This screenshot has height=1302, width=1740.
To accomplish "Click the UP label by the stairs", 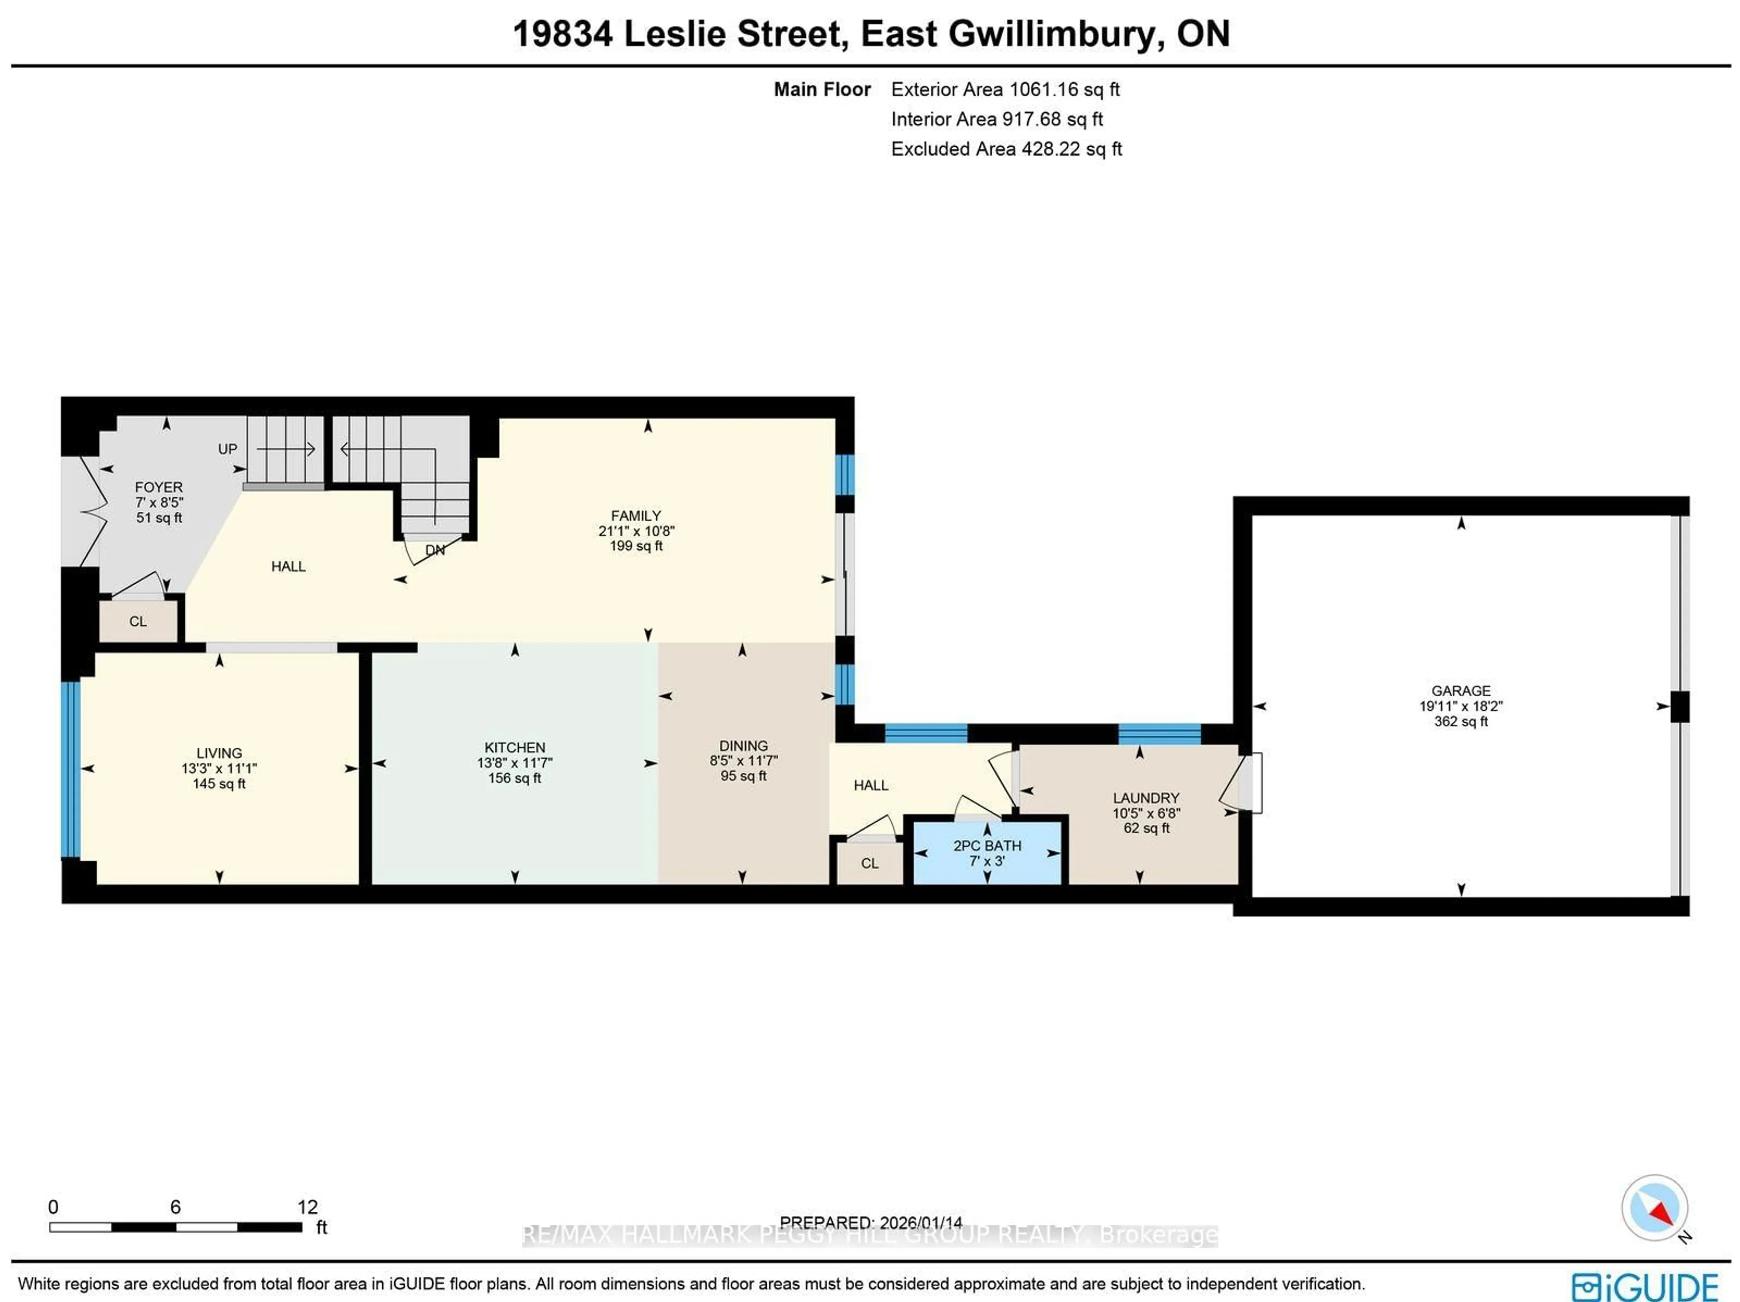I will (227, 449).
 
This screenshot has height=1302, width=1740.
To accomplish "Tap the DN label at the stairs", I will (435, 550).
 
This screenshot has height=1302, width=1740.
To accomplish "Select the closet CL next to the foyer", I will (138, 621).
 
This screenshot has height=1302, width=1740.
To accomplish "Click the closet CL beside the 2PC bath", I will (869, 863).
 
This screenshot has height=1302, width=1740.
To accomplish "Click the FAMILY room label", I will (636, 516).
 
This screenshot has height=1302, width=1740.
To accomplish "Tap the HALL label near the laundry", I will (871, 785).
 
